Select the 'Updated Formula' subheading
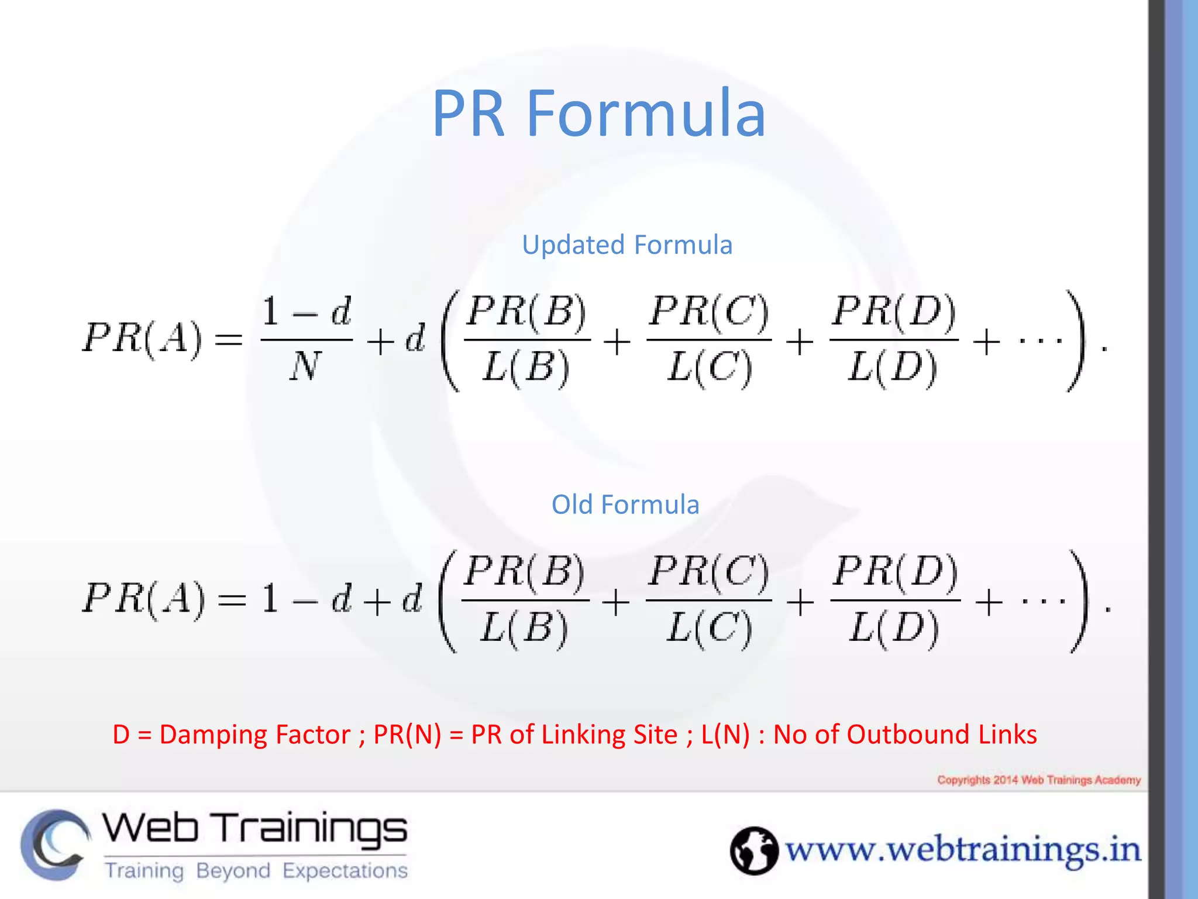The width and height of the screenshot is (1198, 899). click(x=626, y=245)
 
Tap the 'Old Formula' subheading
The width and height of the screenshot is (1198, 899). click(x=625, y=505)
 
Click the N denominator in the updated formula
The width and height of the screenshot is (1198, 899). click(x=305, y=366)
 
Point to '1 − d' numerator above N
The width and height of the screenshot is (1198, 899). click(x=306, y=311)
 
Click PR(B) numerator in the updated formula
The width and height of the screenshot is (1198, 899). click(x=526, y=311)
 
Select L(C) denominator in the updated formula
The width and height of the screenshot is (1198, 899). click(x=709, y=368)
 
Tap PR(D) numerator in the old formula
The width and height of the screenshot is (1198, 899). click(x=896, y=571)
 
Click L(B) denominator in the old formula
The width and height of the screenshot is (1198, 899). click(x=524, y=627)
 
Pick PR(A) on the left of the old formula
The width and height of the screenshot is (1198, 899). click(x=144, y=599)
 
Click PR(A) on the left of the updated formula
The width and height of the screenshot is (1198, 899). click(x=143, y=339)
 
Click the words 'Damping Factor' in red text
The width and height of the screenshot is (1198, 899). click(x=255, y=735)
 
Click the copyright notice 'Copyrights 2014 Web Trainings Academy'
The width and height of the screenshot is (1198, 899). click(x=1039, y=780)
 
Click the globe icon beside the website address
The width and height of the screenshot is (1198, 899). click(x=753, y=850)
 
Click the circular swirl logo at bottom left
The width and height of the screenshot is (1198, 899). click(x=56, y=844)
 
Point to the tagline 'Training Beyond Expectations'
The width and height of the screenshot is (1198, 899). click(x=256, y=870)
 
